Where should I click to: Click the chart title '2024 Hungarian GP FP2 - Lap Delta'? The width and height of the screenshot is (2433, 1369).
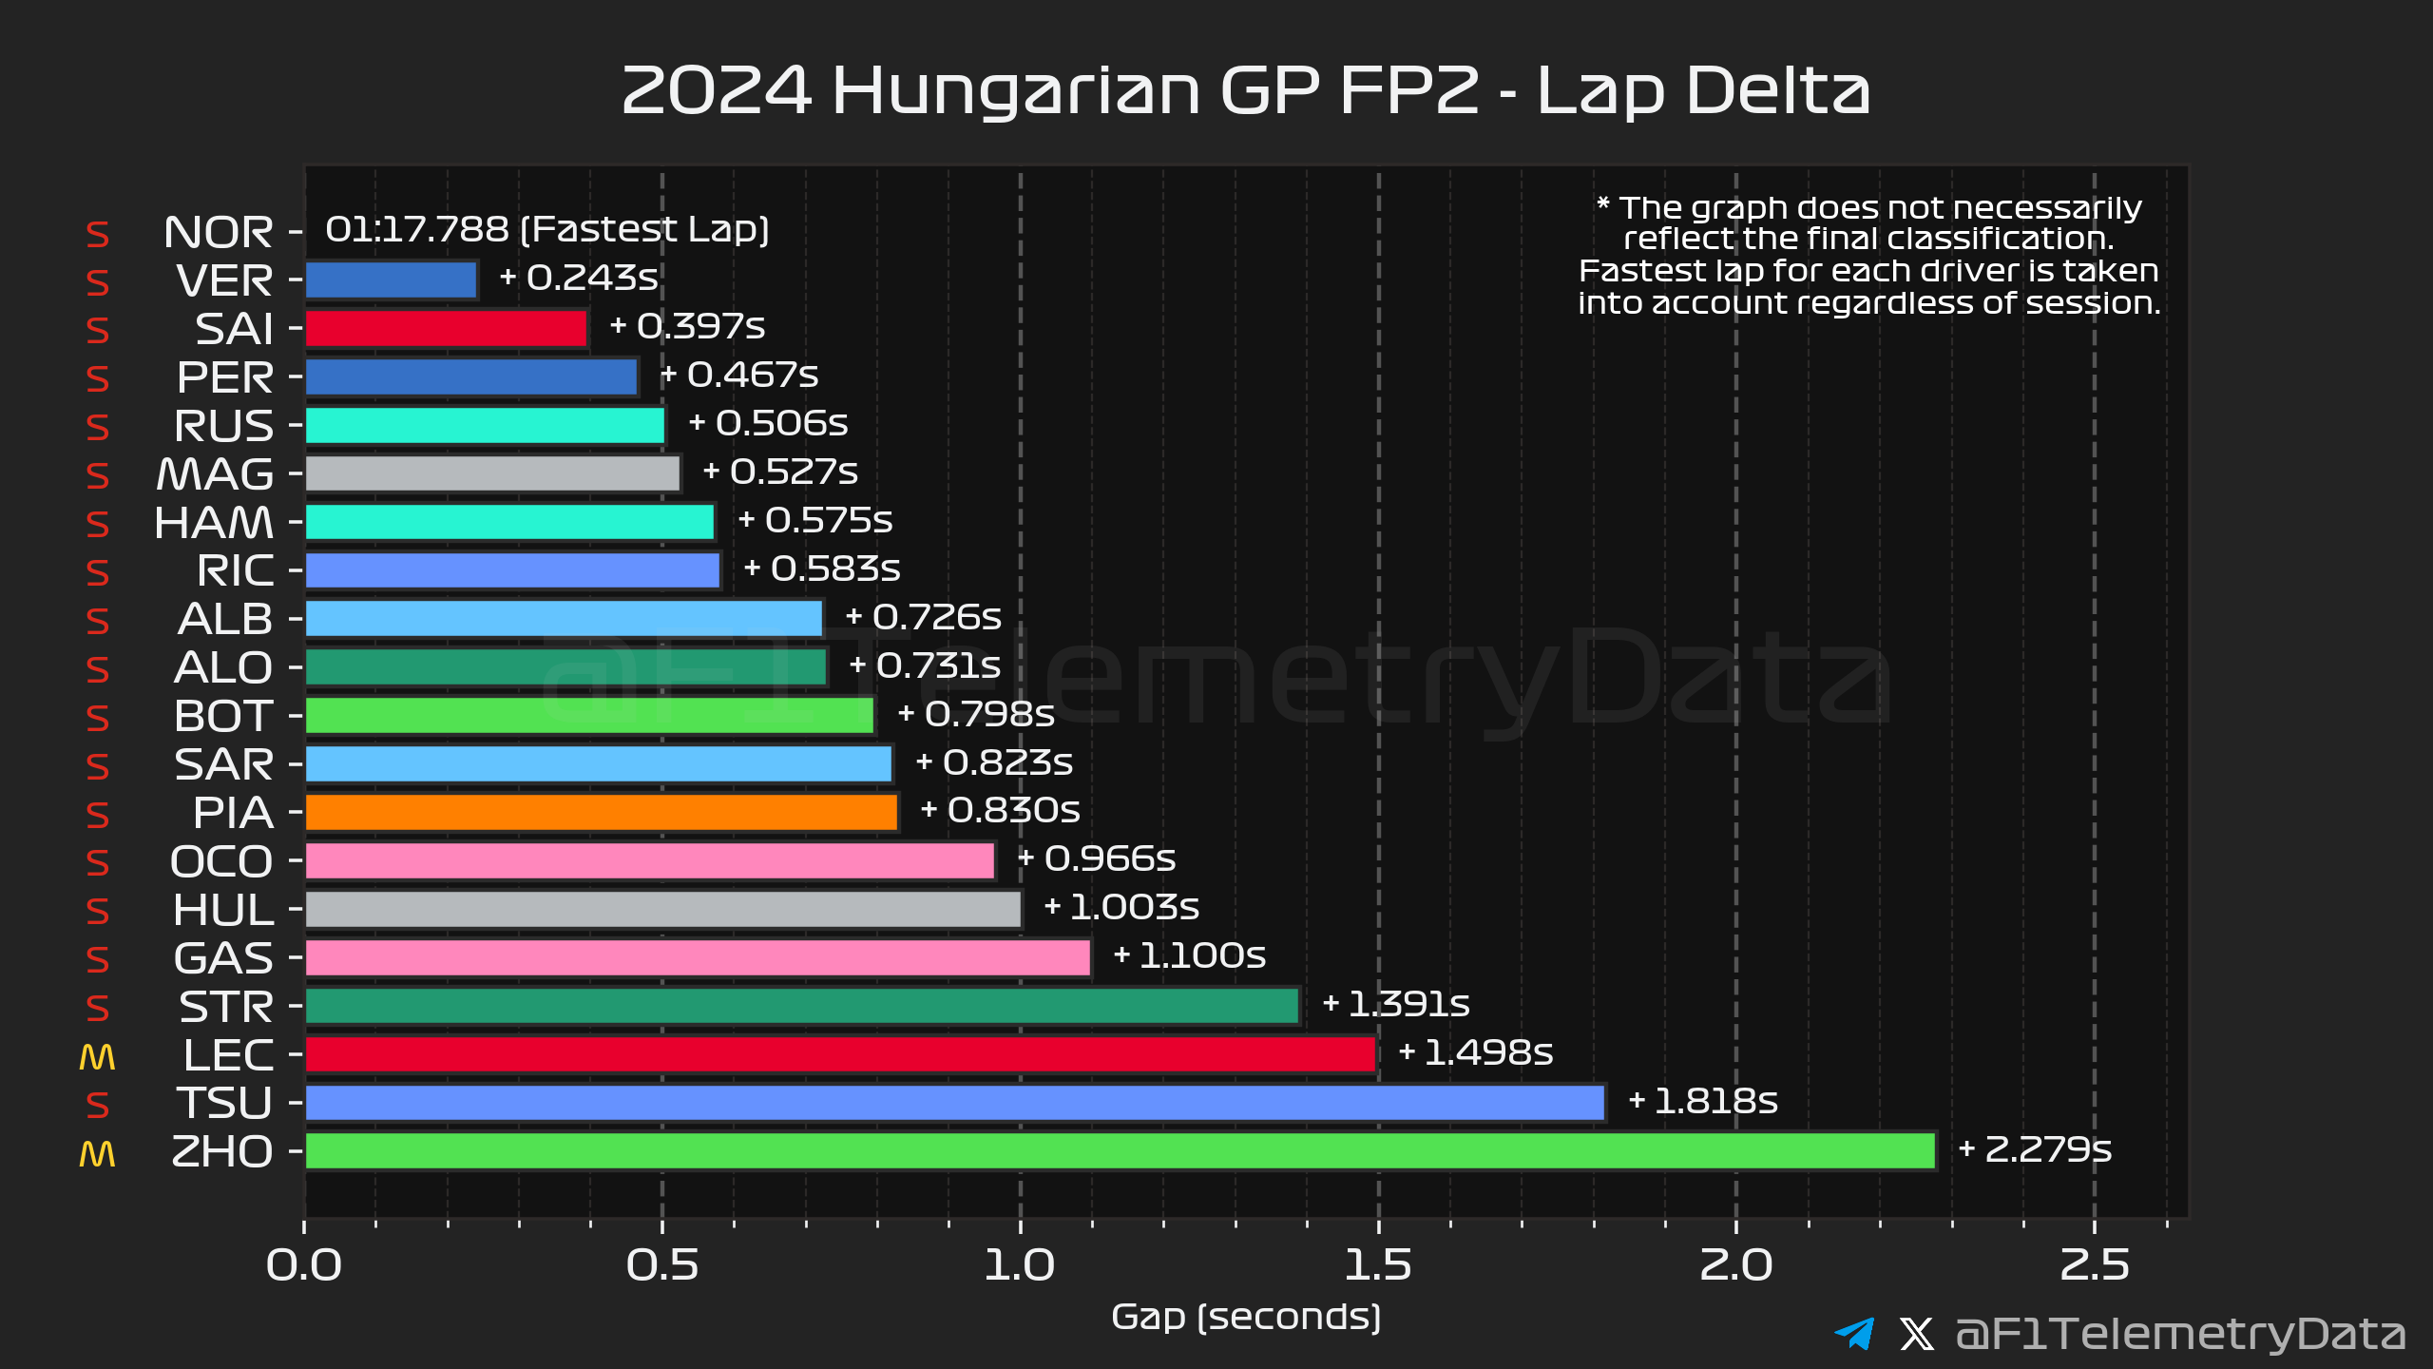click(x=1245, y=90)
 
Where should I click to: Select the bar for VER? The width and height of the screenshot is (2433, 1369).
click(x=391, y=280)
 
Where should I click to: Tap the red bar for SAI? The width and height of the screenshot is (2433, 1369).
click(x=446, y=329)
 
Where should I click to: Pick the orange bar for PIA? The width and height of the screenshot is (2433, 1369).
click(x=601, y=813)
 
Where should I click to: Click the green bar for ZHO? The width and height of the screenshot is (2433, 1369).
click(x=1120, y=1151)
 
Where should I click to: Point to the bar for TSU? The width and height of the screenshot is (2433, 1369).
click(x=954, y=1103)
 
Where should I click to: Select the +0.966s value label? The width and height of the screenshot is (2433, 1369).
click(x=1097, y=859)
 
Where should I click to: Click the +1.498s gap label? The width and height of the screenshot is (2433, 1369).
click(x=1476, y=1052)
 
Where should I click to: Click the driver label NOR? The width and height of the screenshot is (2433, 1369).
click(x=218, y=233)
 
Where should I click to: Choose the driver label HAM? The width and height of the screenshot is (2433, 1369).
click(x=214, y=523)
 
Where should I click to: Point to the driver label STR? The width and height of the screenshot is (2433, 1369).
click(x=226, y=1008)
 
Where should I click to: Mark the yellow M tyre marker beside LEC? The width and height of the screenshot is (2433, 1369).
click(x=97, y=1057)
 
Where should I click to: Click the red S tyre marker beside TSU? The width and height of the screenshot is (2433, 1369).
click(x=97, y=1105)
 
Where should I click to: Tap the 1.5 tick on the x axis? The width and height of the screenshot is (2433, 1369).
click(x=1378, y=1265)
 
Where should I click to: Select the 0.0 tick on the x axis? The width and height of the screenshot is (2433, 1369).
click(x=304, y=1265)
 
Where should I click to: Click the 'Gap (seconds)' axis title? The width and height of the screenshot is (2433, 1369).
click(x=1245, y=1318)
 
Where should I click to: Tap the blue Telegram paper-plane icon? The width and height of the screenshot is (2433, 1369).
click(x=1854, y=1333)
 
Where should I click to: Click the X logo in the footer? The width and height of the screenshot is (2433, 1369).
click(x=1916, y=1333)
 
